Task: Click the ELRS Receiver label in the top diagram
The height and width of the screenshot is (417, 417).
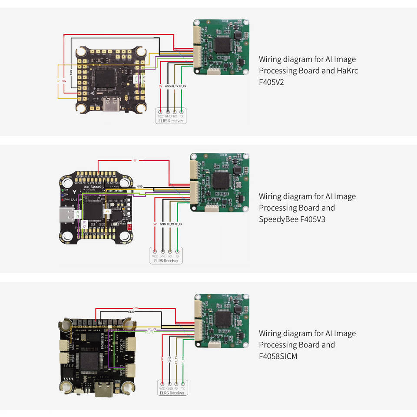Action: coord(171,121)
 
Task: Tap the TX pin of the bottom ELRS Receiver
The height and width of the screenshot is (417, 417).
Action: coord(182,384)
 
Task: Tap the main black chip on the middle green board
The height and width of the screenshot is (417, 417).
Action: coord(221,179)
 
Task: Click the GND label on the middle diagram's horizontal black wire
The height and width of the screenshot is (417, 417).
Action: coord(140,186)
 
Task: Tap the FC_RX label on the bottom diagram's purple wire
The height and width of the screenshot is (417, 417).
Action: coord(152,329)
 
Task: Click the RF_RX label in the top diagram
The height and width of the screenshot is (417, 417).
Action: coord(183,86)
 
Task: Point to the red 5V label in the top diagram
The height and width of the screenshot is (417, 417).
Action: coord(161,86)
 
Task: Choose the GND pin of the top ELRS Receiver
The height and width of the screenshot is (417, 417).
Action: coord(168,112)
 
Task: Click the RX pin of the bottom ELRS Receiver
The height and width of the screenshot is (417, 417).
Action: coord(176,384)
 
